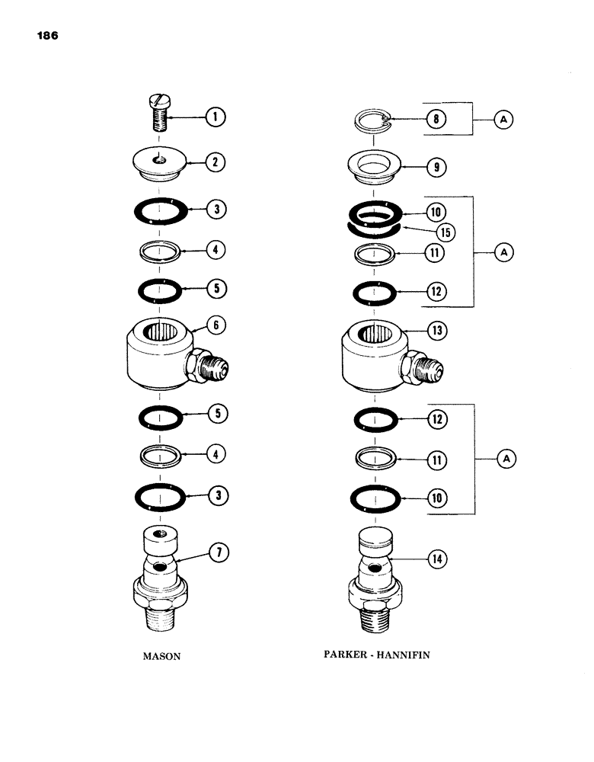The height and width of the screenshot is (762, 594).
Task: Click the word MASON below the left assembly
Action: tap(161, 656)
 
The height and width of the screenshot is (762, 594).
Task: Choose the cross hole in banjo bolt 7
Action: tap(161, 568)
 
